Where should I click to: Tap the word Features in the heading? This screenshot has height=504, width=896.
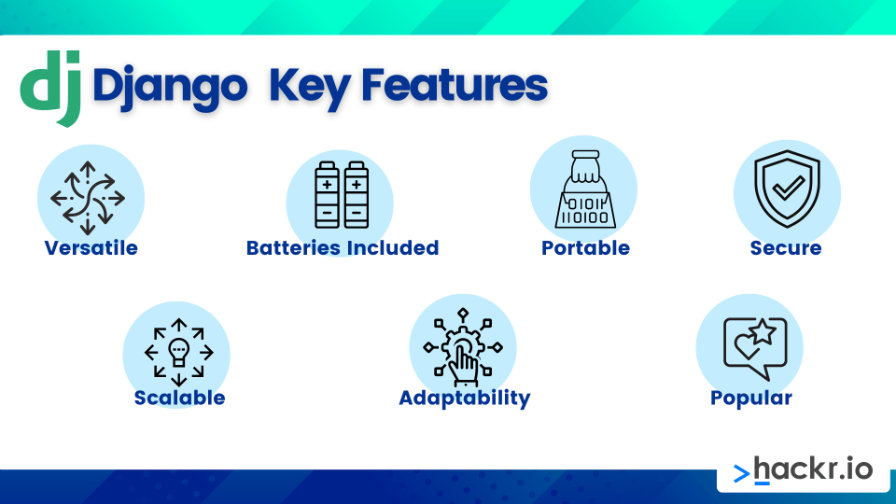tap(455, 86)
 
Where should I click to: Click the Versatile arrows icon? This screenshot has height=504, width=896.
tap(88, 198)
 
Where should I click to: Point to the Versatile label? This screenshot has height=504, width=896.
tap(91, 248)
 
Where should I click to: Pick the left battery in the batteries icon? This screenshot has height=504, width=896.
tap(327, 195)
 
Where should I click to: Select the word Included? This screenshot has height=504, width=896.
tap(393, 248)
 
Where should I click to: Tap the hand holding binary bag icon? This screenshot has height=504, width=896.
tap(585, 189)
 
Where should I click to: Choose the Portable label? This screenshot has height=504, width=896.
tap(586, 248)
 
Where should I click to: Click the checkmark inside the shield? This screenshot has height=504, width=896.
tap(788, 187)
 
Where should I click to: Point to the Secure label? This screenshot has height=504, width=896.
tap(786, 248)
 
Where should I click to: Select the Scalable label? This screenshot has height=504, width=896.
tap(179, 398)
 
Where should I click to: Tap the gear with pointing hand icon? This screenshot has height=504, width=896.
tap(463, 347)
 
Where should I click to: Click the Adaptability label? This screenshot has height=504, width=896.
tap(465, 399)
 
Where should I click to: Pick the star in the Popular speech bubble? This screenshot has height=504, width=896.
tap(763, 332)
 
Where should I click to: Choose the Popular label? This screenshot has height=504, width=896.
tap(750, 399)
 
